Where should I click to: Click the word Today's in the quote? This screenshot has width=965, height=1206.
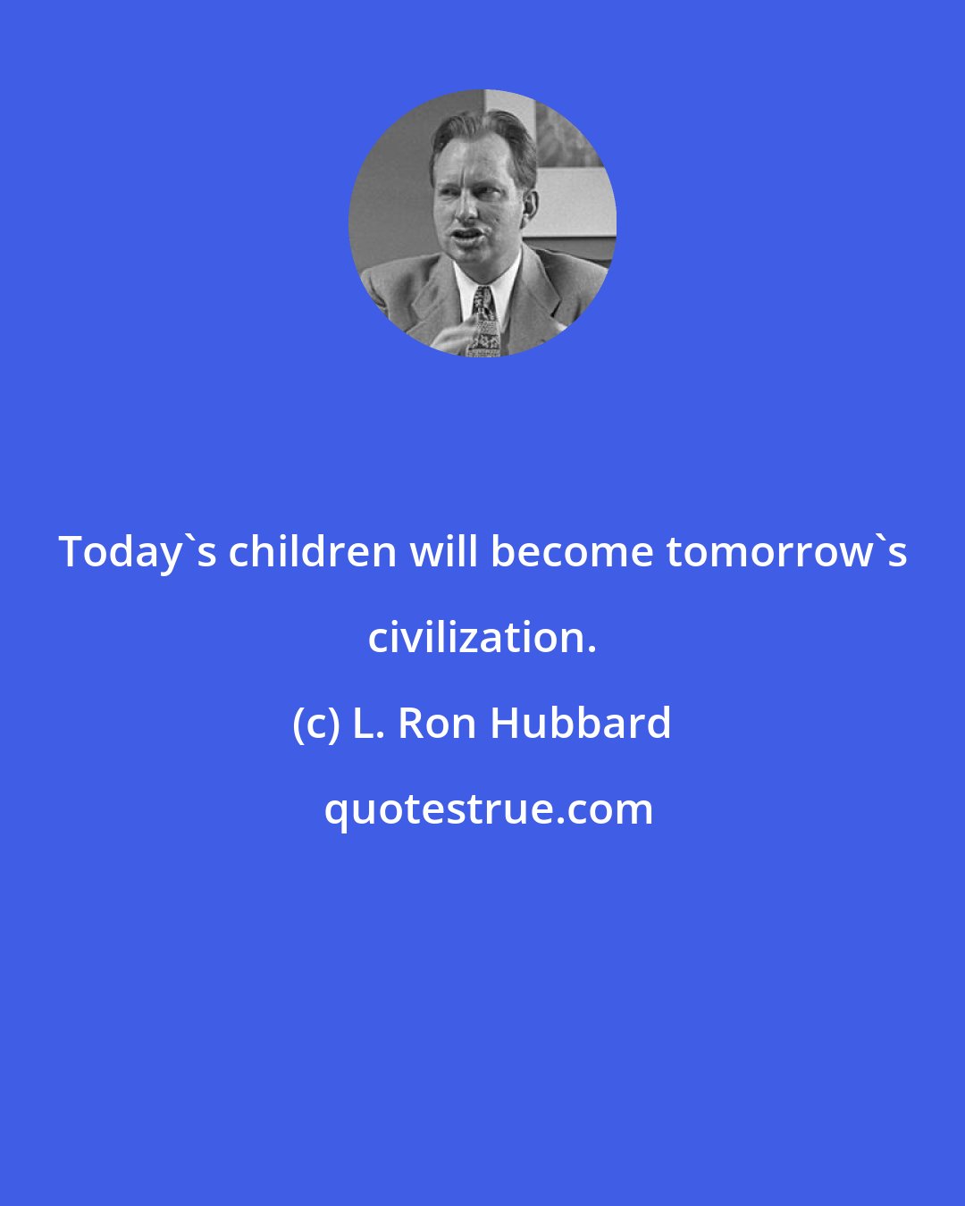pos(138,552)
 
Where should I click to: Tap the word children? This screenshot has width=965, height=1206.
pos(313,552)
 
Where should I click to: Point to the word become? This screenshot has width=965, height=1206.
pos(572,552)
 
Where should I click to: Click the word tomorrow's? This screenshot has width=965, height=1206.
pos(787,552)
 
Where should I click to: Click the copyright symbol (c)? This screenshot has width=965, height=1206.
pos(316,724)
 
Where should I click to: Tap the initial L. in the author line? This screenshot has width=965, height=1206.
pos(368,724)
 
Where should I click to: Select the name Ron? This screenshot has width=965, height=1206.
pos(438,724)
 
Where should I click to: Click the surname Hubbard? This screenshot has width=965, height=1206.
pos(581,724)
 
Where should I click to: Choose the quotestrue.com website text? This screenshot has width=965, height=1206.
pos(488,809)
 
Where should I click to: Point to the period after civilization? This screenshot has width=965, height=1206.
pos(591,650)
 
